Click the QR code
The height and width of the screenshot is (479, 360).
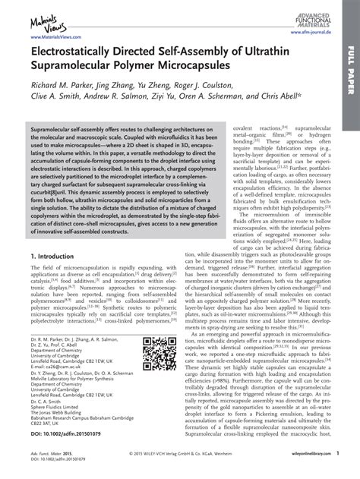(159, 353)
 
